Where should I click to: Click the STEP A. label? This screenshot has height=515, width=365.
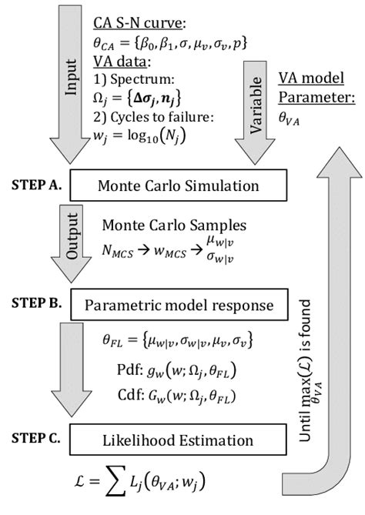(x=36, y=185)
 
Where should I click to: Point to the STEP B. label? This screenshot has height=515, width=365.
(x=36, y=305)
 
